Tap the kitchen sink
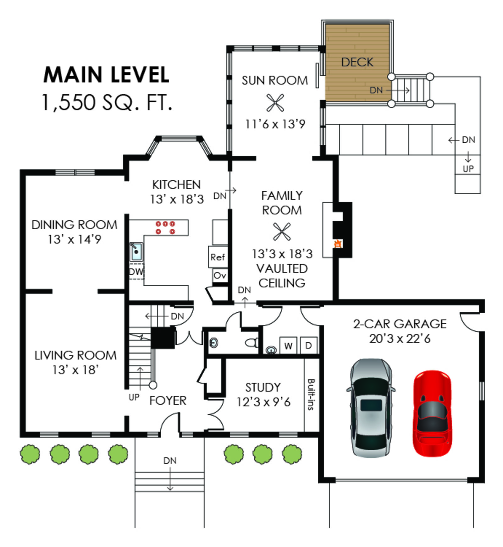(x=136, y=252)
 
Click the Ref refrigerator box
(x=218, y=257)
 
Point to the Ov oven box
(x=219, y=276)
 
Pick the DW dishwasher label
(x=136, y=271)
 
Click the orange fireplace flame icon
(x=338, y=243)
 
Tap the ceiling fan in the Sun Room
(x=275, y=103)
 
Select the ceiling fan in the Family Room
(x=282, y=232)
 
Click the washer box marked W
(x=288, y=346)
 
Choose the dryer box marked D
(x=308, y=345)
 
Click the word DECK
(x=357, y=62)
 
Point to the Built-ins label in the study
(x=311, y=394)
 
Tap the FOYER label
(x=168, y=401)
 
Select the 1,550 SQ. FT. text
(x=107, y=102)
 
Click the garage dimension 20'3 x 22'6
(x=400, y=339)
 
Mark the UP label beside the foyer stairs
(x=134, y=397)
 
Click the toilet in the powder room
(x=252, y=342)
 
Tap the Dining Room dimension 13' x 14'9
(x=75, y=239)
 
